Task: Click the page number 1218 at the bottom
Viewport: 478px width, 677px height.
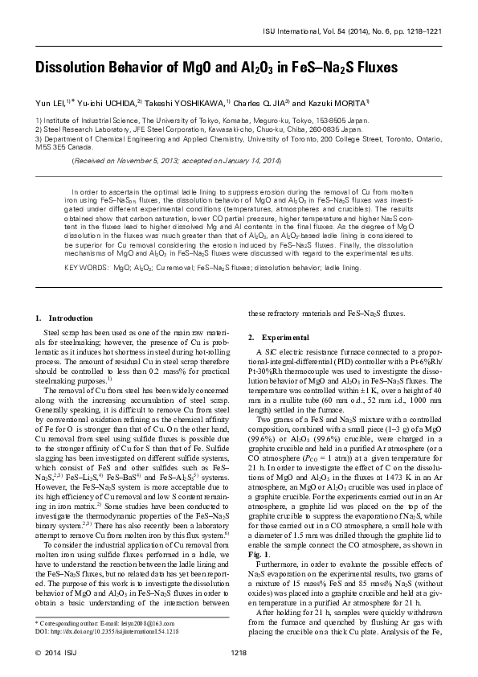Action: click(239, 651)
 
